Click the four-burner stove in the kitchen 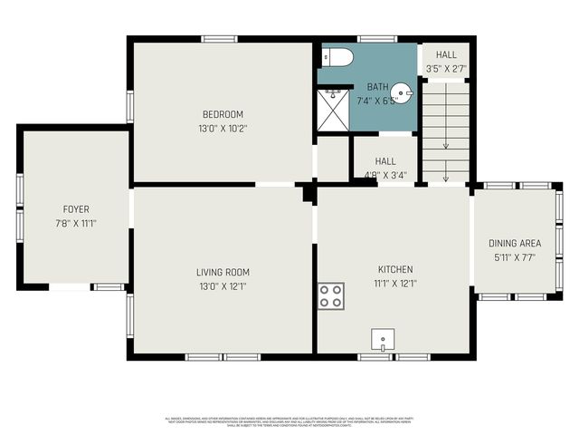331,295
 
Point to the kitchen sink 384,340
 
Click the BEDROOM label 223,114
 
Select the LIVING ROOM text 223,272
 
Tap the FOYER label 76,209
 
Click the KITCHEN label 395,269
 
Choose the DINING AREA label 515,243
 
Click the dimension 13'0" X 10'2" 223,128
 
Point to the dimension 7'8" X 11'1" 76,223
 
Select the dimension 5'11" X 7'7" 515,256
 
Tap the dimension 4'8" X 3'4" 385,175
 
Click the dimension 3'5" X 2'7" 446,67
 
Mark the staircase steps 446,131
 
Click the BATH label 378,87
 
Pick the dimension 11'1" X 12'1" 395,283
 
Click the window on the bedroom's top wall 219,39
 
